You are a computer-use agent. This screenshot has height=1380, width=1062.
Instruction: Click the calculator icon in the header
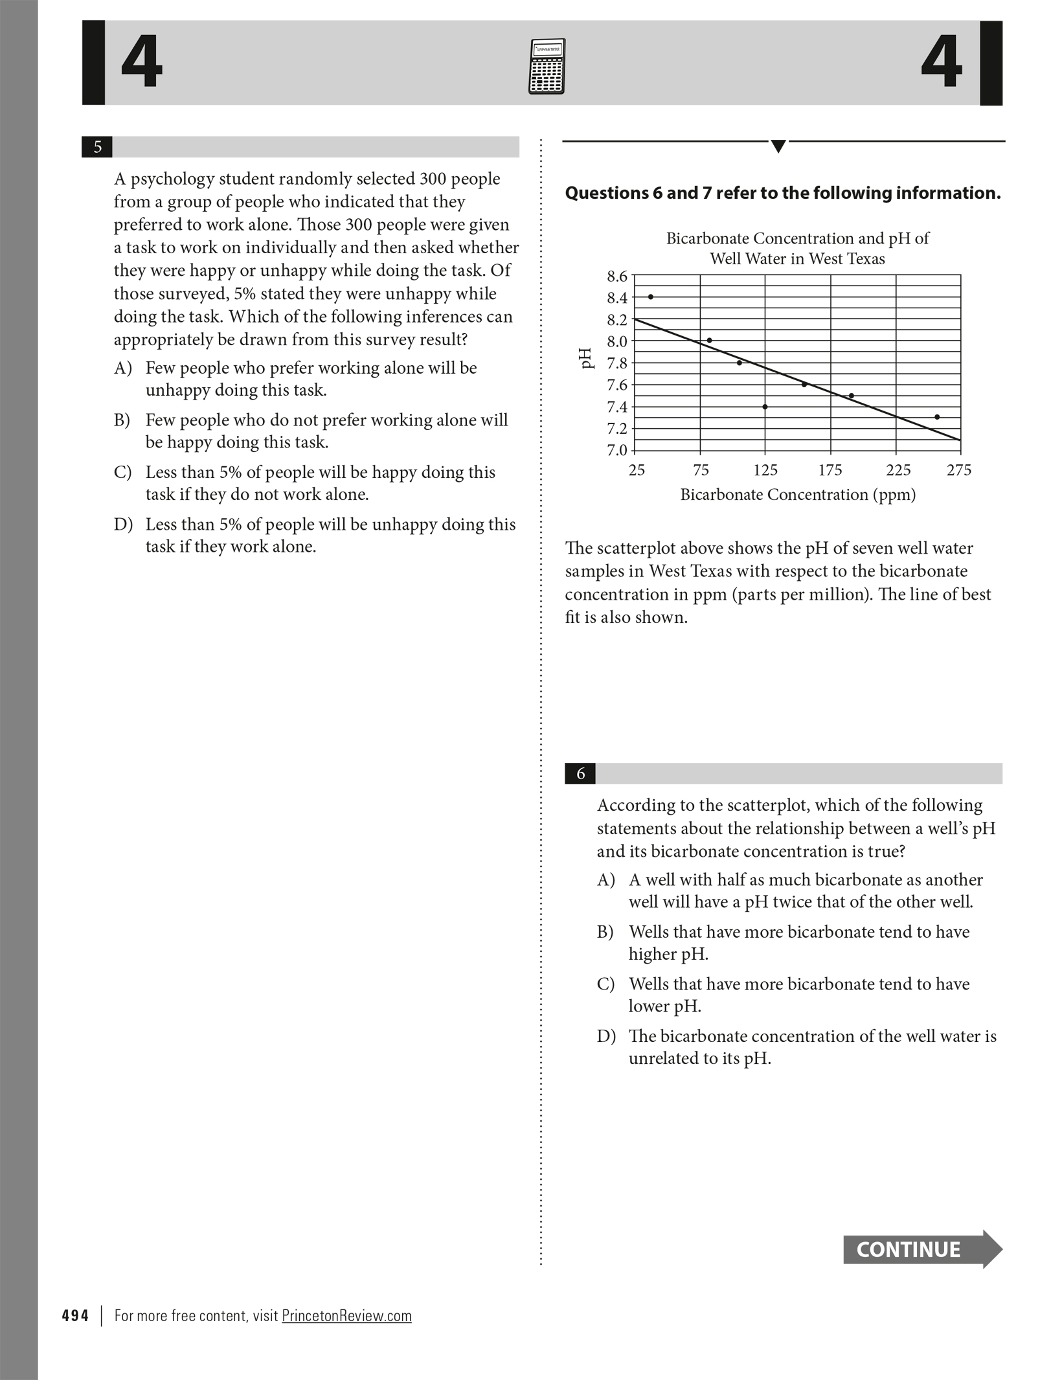click(x=547, y=67)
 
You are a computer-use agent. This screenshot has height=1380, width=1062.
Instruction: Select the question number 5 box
click(x=97, y=147)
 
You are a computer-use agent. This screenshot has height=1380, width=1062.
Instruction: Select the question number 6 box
click(x=580, y=773)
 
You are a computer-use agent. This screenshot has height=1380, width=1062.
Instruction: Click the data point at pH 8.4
click(x=650, y=297)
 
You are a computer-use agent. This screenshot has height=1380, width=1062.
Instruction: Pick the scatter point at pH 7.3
click(x=937, y=417)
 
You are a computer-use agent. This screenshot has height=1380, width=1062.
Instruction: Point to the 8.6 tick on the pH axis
click(x=617, y=277)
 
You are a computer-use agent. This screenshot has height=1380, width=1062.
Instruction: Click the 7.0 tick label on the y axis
click(x=617, y=450)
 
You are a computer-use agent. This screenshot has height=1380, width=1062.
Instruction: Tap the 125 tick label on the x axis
click(x=765, y=470)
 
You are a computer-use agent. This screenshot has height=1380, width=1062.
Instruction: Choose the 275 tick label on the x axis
click(x=958, y=470)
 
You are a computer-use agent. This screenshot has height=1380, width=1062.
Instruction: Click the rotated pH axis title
click(x=586, y=358)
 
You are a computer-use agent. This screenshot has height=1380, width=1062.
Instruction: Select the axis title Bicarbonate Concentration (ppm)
click(x=798, y=495)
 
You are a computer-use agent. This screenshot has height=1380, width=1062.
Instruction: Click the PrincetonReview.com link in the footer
click(x=346, y=1315)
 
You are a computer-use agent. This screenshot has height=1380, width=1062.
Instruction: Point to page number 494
click(x=75, y=1315)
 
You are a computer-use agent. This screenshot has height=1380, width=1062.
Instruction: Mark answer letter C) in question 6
click(x=605, y=984)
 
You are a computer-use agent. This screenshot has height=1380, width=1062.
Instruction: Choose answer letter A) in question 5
click(x=123, y=368)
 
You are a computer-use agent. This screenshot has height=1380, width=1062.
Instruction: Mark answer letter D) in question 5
click(x=123, y=525)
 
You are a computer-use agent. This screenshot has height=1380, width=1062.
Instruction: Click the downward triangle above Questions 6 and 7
click(x=778, y=146)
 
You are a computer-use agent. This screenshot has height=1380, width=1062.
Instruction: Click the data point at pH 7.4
click(x=765, y=407)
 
